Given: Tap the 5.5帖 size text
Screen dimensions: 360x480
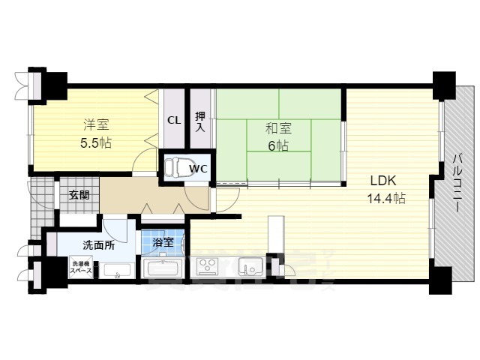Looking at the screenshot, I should click(x=96, y=142).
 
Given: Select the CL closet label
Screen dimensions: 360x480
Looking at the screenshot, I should click(x=173, y=120).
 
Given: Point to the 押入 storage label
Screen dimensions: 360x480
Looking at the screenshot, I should click(x=200, y=121).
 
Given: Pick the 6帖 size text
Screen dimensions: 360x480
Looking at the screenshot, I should click(x=279, y=145).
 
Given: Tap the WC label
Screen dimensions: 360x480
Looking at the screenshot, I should click(x=198, y=169).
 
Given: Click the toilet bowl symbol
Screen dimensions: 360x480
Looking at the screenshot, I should click(x=174, y=166).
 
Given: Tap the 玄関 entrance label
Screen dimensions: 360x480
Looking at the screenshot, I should click(x=79, y=195).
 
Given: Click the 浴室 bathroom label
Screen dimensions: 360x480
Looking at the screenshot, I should click(x=163, y=242).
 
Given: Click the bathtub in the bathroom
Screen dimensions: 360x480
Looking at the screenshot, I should click(x=163, y=268).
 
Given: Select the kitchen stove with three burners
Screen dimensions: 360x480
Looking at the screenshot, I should click(x=206, y=266).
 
